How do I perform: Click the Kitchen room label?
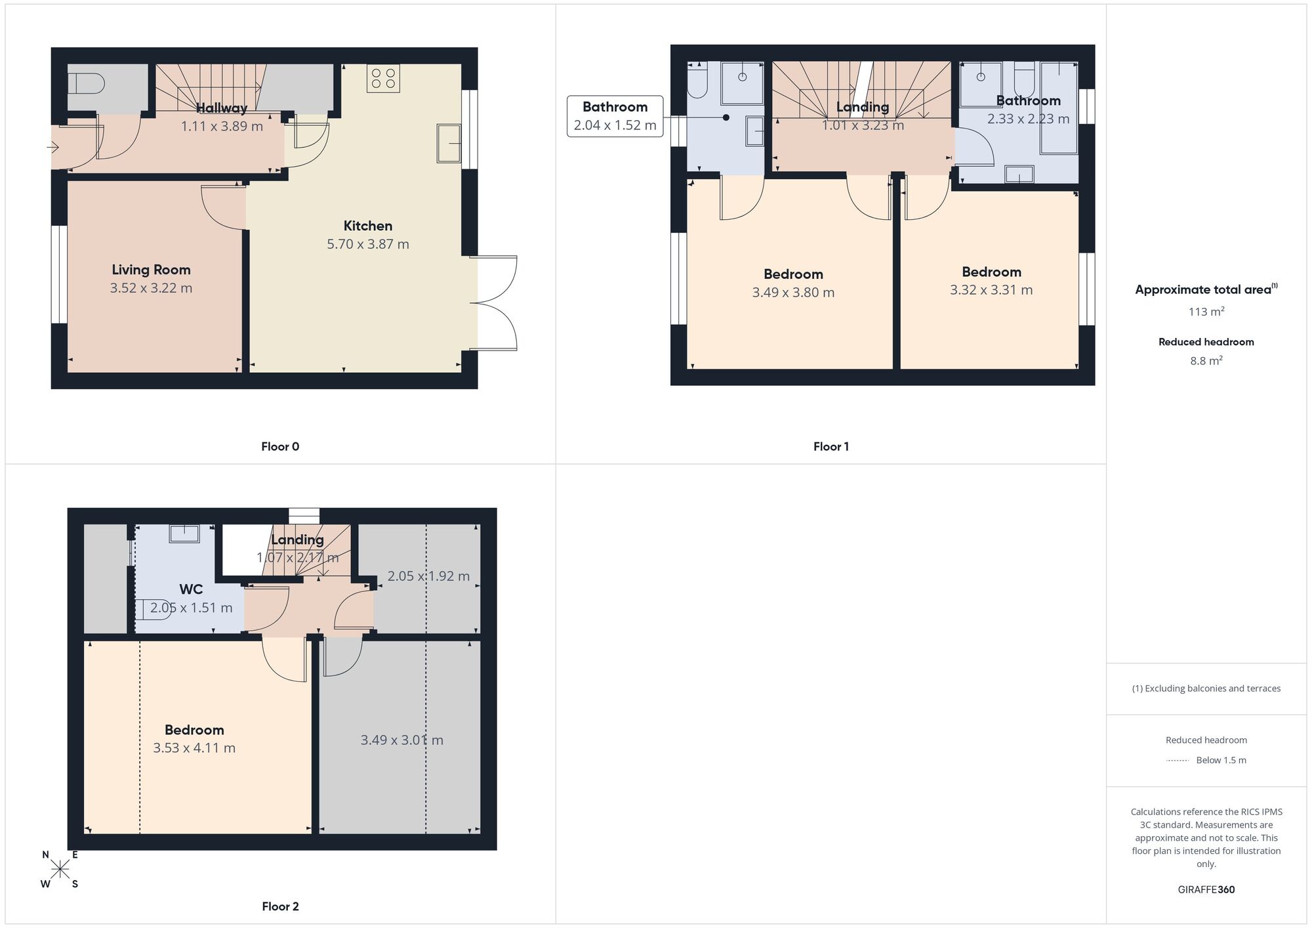tap(368, 226)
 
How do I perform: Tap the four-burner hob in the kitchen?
tap(384, 78)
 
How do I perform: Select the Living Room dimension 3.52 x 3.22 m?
tap(151, 288)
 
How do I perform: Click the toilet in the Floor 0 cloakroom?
tap(86, 84)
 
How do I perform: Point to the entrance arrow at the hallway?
tap(53, 148)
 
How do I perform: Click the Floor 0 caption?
tap(280, 447)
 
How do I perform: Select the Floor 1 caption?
tap(831, 447)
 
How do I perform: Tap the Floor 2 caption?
tap(280, 906)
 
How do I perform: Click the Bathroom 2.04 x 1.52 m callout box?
tap(615, 116)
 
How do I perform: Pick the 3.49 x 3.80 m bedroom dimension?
tap(793, 293)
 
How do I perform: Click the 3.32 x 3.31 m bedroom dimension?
tap(991, 290)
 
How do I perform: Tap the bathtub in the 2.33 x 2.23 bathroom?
tap(1059, 108)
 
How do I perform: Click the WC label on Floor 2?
tap(191, 589)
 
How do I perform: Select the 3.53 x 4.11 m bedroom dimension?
tap(194, 748)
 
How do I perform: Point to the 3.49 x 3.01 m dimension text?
tap(401, 740)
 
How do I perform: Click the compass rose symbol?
tap(60, 870)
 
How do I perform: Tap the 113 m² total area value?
tap(1206, 312)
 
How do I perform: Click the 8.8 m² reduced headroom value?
tap(1206, 361)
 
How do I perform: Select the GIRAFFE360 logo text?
tap(1206, 890)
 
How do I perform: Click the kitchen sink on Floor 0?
tap(449, 143)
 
